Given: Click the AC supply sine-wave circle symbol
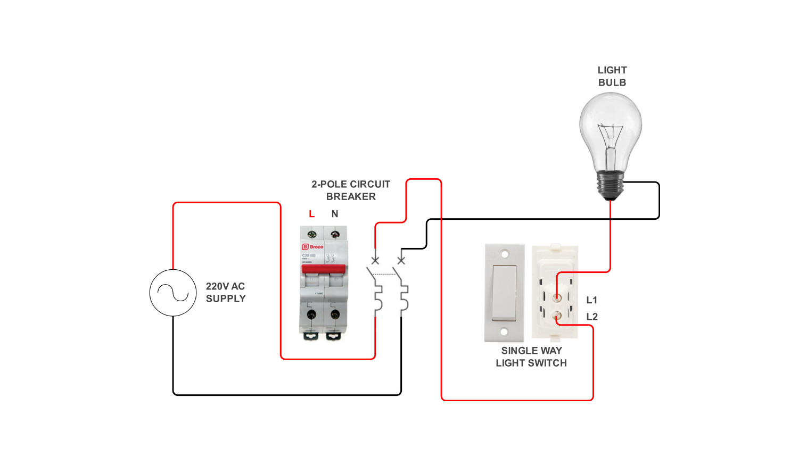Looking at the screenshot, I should [x=173, y=293].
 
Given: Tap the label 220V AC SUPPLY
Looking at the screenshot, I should [x=226, y=293].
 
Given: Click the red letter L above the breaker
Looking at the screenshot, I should [x=312, y=214].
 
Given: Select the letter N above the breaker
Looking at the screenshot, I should [x=335, y=214].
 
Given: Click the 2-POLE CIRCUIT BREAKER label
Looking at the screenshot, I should [x=351, y=190].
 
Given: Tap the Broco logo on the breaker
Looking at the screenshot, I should [x=313, y=247].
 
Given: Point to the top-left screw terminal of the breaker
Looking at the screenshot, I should [x=312, y=234].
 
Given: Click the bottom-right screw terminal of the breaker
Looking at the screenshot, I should [x=335, y=314].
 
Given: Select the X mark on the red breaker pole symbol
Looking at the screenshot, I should [x=375, y=260].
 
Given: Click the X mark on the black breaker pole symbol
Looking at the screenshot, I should [x=401, y=260].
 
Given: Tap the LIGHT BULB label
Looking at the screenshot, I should [x=612, y=76].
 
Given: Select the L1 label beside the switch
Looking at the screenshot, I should [x=592, y=300].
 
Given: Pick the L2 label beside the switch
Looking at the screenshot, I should [x=592, y=317].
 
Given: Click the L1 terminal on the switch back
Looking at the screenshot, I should [x=557, y=298].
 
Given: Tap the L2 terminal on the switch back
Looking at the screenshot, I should [x=557, y=316].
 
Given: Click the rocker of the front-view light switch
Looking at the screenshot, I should [x=504, y=293].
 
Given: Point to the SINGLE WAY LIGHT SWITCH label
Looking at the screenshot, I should [x=531, y=357].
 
